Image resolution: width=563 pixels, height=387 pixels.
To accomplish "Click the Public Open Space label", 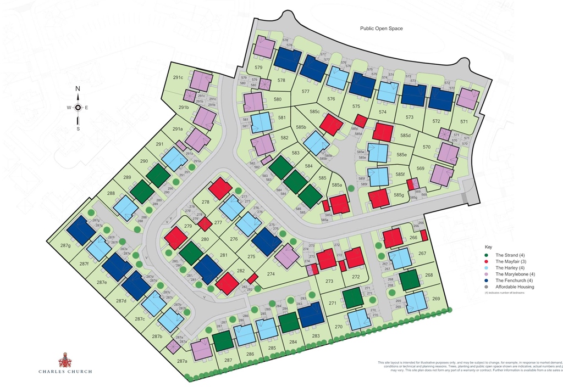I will click(382, 29).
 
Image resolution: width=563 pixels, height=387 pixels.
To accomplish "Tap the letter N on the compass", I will click(78, 89).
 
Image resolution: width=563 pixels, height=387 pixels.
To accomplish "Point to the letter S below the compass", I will click(78, 129).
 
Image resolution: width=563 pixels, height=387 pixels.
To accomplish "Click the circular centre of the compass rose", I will click(78, 108).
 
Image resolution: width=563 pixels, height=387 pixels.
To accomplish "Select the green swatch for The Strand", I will click(487, 255).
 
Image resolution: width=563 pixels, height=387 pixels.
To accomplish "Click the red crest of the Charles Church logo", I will click(65, 360).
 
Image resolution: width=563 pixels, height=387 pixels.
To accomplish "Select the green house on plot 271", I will click(353, 299).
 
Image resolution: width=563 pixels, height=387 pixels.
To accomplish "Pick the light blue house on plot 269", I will click(416, 302).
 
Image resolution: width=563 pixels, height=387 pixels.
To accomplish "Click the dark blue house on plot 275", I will click(267, 242).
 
